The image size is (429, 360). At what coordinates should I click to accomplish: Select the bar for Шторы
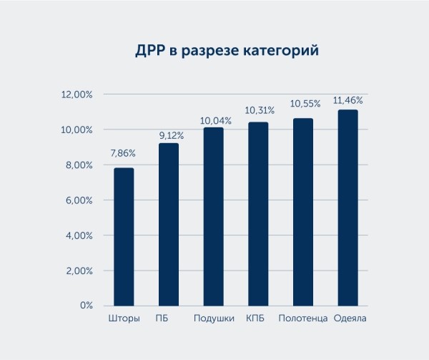(x=124, y=236)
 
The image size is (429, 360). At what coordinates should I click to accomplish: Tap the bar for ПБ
(x=169, y=224)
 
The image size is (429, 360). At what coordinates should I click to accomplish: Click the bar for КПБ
(x=258, y=213)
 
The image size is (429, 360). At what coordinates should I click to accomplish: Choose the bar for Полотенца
(x=303, y=212)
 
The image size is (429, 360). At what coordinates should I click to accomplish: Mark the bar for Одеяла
(x=348, y=208)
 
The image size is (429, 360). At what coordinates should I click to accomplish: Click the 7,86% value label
(x=122, y=154)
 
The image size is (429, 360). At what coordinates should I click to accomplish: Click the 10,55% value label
(x=305, y=104)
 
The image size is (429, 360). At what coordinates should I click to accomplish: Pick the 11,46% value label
(x=348, y=98)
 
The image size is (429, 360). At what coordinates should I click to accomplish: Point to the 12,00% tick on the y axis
(x=77, y=94)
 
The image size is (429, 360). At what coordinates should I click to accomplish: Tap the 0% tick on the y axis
(x=86, y=306)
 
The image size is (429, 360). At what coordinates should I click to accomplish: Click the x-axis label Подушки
(x=214, y=318)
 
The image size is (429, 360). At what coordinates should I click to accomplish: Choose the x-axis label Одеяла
(x=350, y=318)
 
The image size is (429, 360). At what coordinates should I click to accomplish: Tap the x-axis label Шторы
(x=124, y=318)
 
